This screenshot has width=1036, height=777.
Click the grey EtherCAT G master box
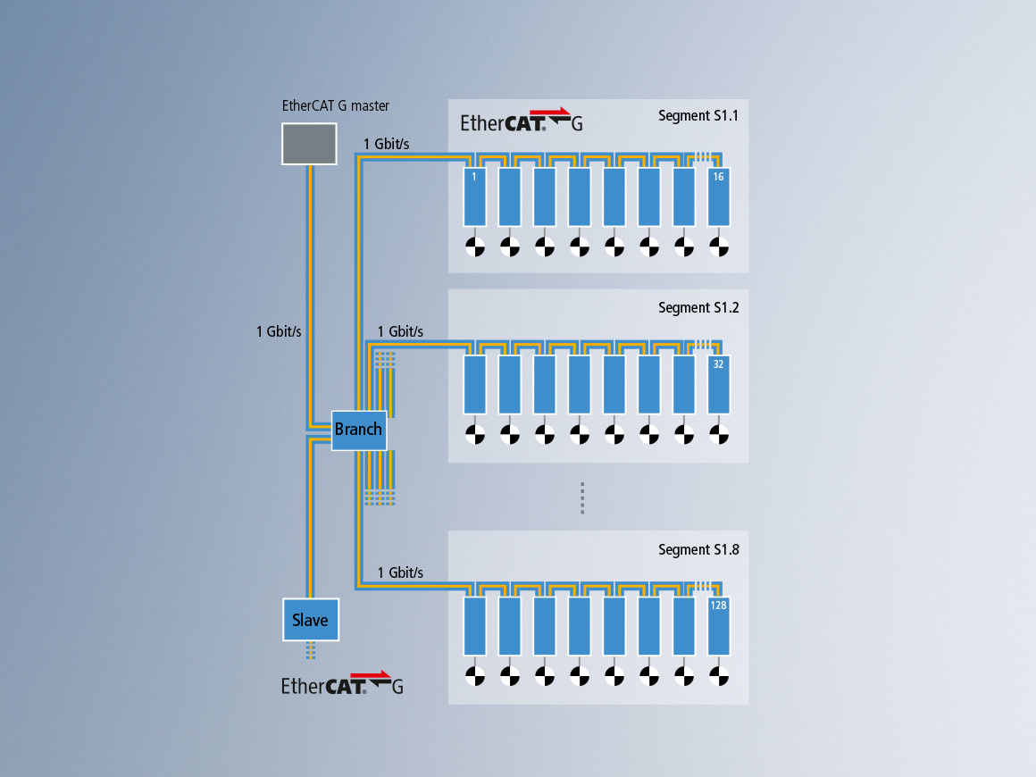[309, 144]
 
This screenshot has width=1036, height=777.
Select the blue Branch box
[358, 430]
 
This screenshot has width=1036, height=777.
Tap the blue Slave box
[311, 620]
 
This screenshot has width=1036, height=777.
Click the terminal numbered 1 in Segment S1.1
[474, 196]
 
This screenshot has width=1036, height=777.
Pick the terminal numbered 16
[719, 196]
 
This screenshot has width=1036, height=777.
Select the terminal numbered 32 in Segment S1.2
[719, 385]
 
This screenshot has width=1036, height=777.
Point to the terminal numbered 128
[719, 626]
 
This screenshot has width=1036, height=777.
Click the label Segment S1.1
[698, 115]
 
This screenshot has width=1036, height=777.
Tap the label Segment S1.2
[698, 308]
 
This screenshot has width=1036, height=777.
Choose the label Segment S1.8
[698, 550]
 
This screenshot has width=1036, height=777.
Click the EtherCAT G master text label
[336, 105]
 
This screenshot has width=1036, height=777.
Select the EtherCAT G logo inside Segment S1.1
[522, 121]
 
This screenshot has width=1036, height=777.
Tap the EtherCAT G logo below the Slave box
[342, 684]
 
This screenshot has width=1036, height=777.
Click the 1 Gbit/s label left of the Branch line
[279, 331]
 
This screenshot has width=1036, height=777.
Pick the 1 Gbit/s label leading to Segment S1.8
[400, 572]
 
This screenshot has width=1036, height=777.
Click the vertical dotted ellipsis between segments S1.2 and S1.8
[581, 498]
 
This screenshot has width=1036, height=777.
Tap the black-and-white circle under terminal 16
[719, 246]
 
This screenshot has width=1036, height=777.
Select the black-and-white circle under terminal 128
[719, 676]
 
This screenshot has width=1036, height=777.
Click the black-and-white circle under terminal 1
[474, 246]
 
